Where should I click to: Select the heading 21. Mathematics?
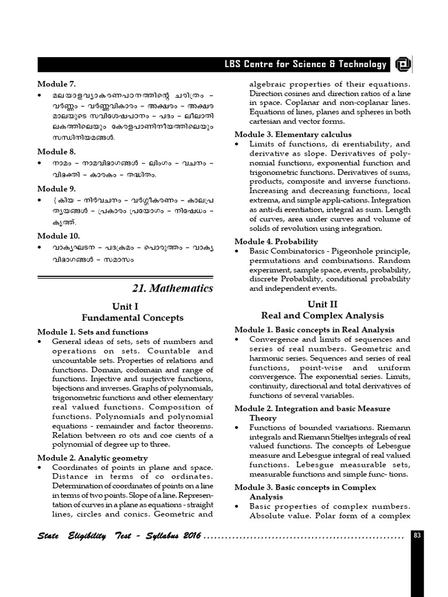tap(173, 289)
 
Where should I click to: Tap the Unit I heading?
tap(125, 306)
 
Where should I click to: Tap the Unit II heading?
tap(323, 304)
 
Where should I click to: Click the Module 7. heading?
tap(57, 84)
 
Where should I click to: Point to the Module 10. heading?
tap(59, 236)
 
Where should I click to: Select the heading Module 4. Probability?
tap(276, 241)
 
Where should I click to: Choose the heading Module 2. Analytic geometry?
tap(92, 458)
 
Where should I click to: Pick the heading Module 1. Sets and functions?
tap(93, 332)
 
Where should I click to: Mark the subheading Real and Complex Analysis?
tap(323, 316)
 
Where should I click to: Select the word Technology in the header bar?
tap(363, 65)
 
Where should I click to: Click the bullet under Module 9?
tap(40, 200)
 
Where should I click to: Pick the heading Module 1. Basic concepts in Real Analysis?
tap(314, 330)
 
